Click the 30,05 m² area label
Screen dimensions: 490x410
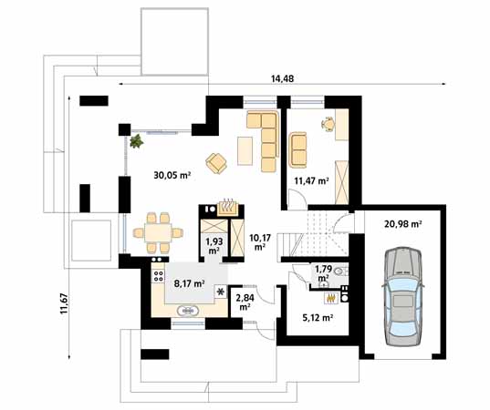click(x=172, y=175)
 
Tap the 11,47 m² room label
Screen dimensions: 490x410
click(x=311, y=180)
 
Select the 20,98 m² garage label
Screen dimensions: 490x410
click(x=403, y=224)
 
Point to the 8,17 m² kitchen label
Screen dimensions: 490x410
click(x=189, y=283)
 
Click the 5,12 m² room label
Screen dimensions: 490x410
click(x=318, y=318)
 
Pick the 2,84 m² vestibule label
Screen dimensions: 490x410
click(x=245, y=302)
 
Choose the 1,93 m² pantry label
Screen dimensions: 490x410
click(x=214, y=246)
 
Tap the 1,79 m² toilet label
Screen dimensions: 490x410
click(x=323, y=273)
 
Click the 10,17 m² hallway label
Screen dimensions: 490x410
click(x=260, y=242)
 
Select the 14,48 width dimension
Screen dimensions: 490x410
click(x=282, y=78)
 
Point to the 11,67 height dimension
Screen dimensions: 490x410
click(x=65, y=303)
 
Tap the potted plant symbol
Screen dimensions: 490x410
click(x=137, y=141)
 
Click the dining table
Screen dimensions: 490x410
click(x=158, y=232)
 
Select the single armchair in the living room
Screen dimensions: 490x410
click(x=216, y=163)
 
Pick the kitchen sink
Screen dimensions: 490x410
click(x=187, y=311)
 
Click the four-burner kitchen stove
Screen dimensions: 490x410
click(x=159, y=275)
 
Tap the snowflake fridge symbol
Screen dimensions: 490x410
click(x=221, y=292)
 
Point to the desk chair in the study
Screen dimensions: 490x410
click(x=328, y=124)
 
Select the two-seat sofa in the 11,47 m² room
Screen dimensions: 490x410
click(x=297, y=149)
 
